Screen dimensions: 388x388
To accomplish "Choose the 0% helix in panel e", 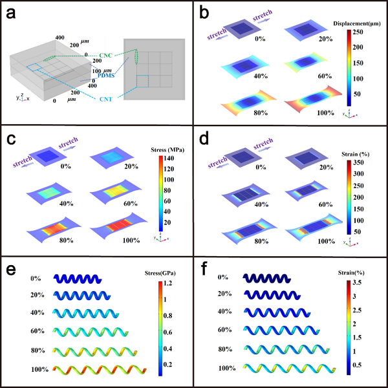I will coord(77,279).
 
